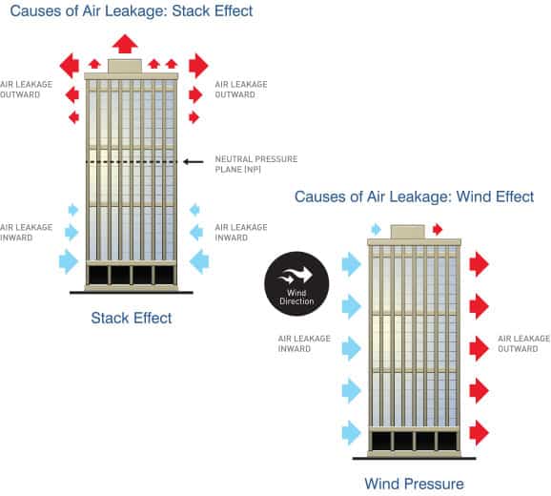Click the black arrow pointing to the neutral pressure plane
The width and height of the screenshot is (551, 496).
(194, 162)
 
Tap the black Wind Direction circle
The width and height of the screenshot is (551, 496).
(296, 283)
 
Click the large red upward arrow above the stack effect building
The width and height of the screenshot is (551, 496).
(125, 44)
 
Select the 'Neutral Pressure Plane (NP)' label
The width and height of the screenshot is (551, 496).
(256, 164)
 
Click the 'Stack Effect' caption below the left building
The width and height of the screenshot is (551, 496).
(131, 319)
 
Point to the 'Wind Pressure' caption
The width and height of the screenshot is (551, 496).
(414, 484)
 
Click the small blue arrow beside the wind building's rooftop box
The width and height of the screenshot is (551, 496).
(376, 230)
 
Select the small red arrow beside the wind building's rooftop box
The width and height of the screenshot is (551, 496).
(438, 230)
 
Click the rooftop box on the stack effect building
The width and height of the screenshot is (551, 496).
(125, 67)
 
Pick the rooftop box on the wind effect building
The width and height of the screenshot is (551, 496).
(408, 232)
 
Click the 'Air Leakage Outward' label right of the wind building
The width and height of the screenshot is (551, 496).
(524, 343)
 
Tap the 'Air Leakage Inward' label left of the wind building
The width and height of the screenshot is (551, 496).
(304, 343)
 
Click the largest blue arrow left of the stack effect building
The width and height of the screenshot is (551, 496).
(69, 261)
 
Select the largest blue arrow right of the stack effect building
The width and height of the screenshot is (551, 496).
(199, 261)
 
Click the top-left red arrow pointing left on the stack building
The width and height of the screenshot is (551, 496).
(70, 66)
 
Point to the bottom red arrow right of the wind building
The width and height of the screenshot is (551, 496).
(479, 432)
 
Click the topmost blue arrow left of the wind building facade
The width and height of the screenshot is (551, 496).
(352, 264)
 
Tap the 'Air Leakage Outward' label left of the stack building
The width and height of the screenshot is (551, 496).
(27, 90)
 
